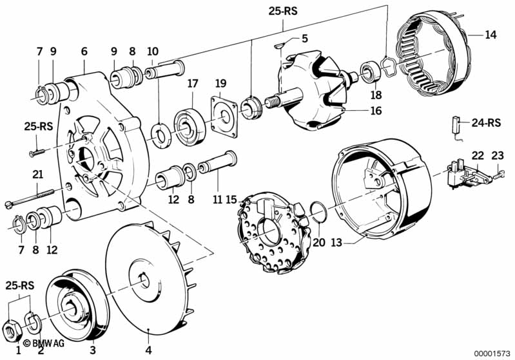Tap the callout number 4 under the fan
click(x=149, y=350)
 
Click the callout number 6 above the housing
click(x=84, y=52)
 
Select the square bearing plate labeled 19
click(x=224, y=117)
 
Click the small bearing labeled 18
click(x=371, y=71)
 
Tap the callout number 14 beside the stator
click(x=491, y=35)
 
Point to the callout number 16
click(x=376, y=111)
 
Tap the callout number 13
click(x=336, y=243)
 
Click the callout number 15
click(x=231, y=199)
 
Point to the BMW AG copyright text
click(x=44, y=343)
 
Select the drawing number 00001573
click(x=492, y=354)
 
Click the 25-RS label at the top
click(x=283, y=11)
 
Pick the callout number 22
click(x=478, y=156)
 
